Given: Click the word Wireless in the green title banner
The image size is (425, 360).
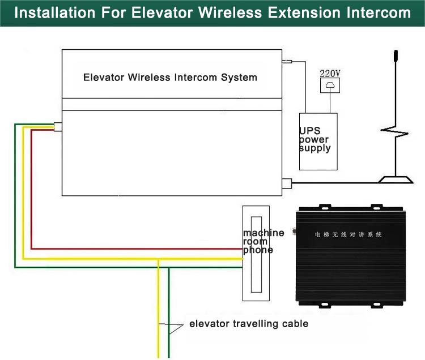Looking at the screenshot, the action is pos(230,12).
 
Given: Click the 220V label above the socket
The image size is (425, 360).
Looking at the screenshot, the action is pos(330,74).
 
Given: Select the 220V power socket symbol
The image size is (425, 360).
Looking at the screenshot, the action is pos(330,85).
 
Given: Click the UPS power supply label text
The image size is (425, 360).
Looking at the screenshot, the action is pos(314,139).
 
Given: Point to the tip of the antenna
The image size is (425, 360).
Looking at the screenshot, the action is pos(396,50).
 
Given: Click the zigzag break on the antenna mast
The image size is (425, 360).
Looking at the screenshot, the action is pos(394,132).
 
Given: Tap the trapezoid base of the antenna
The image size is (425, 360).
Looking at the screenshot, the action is pos(396,180).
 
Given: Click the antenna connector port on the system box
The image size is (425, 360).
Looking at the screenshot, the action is pos(287,183).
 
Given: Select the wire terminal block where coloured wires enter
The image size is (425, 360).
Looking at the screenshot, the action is pos(58,127).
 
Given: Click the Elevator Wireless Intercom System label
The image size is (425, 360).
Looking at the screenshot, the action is pos(170,78).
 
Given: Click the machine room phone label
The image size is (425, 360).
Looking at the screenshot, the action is pos(263,241).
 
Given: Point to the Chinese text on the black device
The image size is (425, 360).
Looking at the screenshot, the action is pos(348,234).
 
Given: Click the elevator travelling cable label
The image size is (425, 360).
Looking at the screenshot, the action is pos(249,323).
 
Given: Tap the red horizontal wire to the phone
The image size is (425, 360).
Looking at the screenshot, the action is pos(137,248).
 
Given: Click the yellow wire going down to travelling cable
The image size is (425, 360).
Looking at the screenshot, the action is pos(159,308).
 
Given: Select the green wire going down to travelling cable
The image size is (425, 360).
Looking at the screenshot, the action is pos(169,312).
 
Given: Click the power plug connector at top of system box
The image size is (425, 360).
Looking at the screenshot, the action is pos(287,62).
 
